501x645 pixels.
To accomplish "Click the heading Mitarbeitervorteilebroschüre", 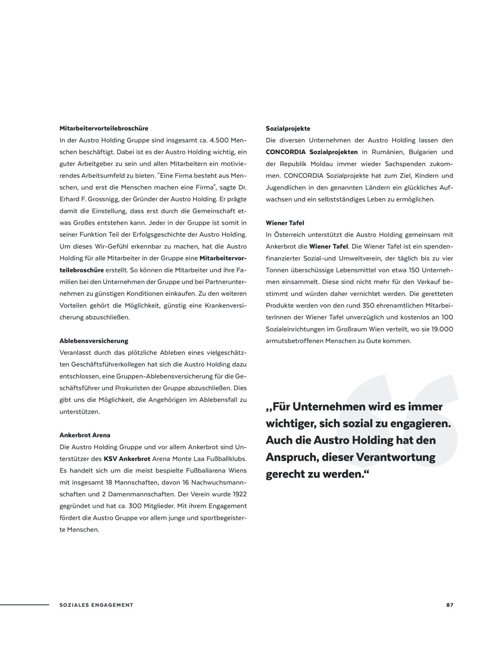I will pyautogui.click(x=104, y=128).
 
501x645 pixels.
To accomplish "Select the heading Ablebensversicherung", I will pyautogui.click(x=94, y=341).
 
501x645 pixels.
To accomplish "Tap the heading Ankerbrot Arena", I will pyautogui.click(x=85, y=435).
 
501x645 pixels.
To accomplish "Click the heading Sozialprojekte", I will pyautogui.click(x=288, y=129).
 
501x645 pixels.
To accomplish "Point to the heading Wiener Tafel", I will pyautogui.click(x=285, y=223).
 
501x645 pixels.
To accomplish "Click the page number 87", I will pyautogui.click(x=450, y=605).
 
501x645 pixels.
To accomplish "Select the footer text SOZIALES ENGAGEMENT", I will pyautogui.click(x=96, y=605).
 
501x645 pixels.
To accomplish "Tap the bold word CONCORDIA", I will pyautogui.click(x=285, y=152).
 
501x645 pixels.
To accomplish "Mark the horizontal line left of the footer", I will pyautogui.click(x=24, y=605).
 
